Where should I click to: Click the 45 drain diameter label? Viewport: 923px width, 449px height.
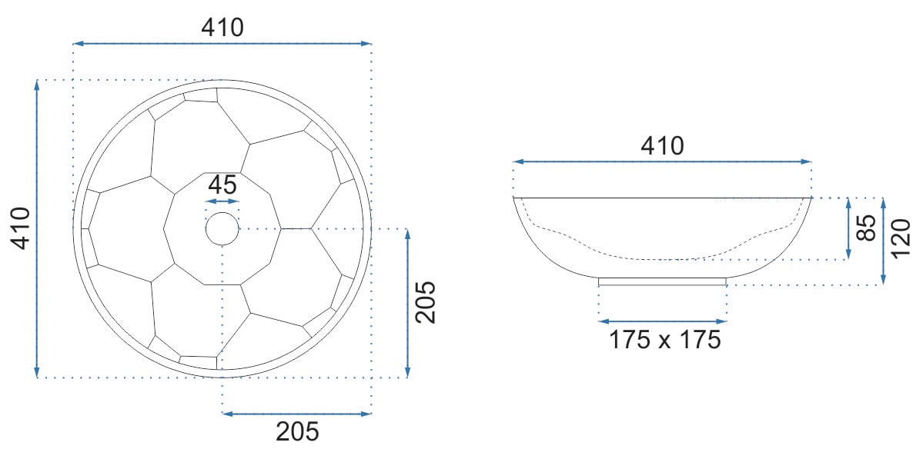[222, 185]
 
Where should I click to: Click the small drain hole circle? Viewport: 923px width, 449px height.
[222, 228]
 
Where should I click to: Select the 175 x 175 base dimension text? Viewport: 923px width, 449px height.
[664, 340]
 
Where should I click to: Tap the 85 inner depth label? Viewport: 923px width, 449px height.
[866, 228]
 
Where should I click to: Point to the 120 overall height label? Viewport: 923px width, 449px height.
[901, 238]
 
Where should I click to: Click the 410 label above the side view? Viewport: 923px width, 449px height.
[662, 146]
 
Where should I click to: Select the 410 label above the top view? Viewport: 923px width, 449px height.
[222, 27]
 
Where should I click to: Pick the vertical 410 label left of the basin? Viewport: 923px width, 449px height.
[22, 228]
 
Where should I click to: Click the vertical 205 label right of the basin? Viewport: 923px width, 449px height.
[426, 302]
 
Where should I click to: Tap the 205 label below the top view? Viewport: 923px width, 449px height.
[297, 431]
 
